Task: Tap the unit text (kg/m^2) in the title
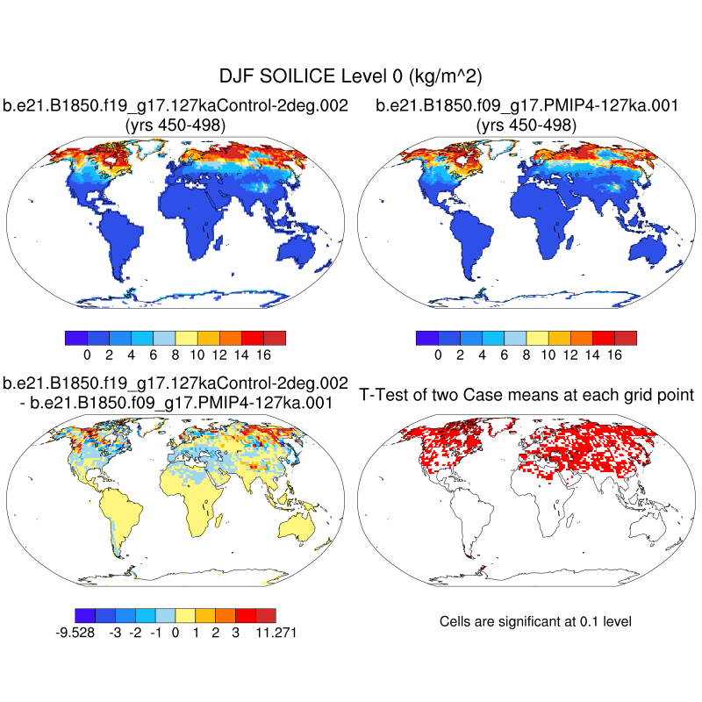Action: pyautogui.click(x=443, y=77)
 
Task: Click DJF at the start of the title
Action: pyautogui.click(x=236, y=77)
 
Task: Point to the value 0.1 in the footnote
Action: pyautogui.click(x=591, y=621)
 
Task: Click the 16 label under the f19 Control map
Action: pyautogui.click(x=263, y=355)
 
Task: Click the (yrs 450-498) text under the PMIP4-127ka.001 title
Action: pyautogui.click(x=526, y=125)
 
